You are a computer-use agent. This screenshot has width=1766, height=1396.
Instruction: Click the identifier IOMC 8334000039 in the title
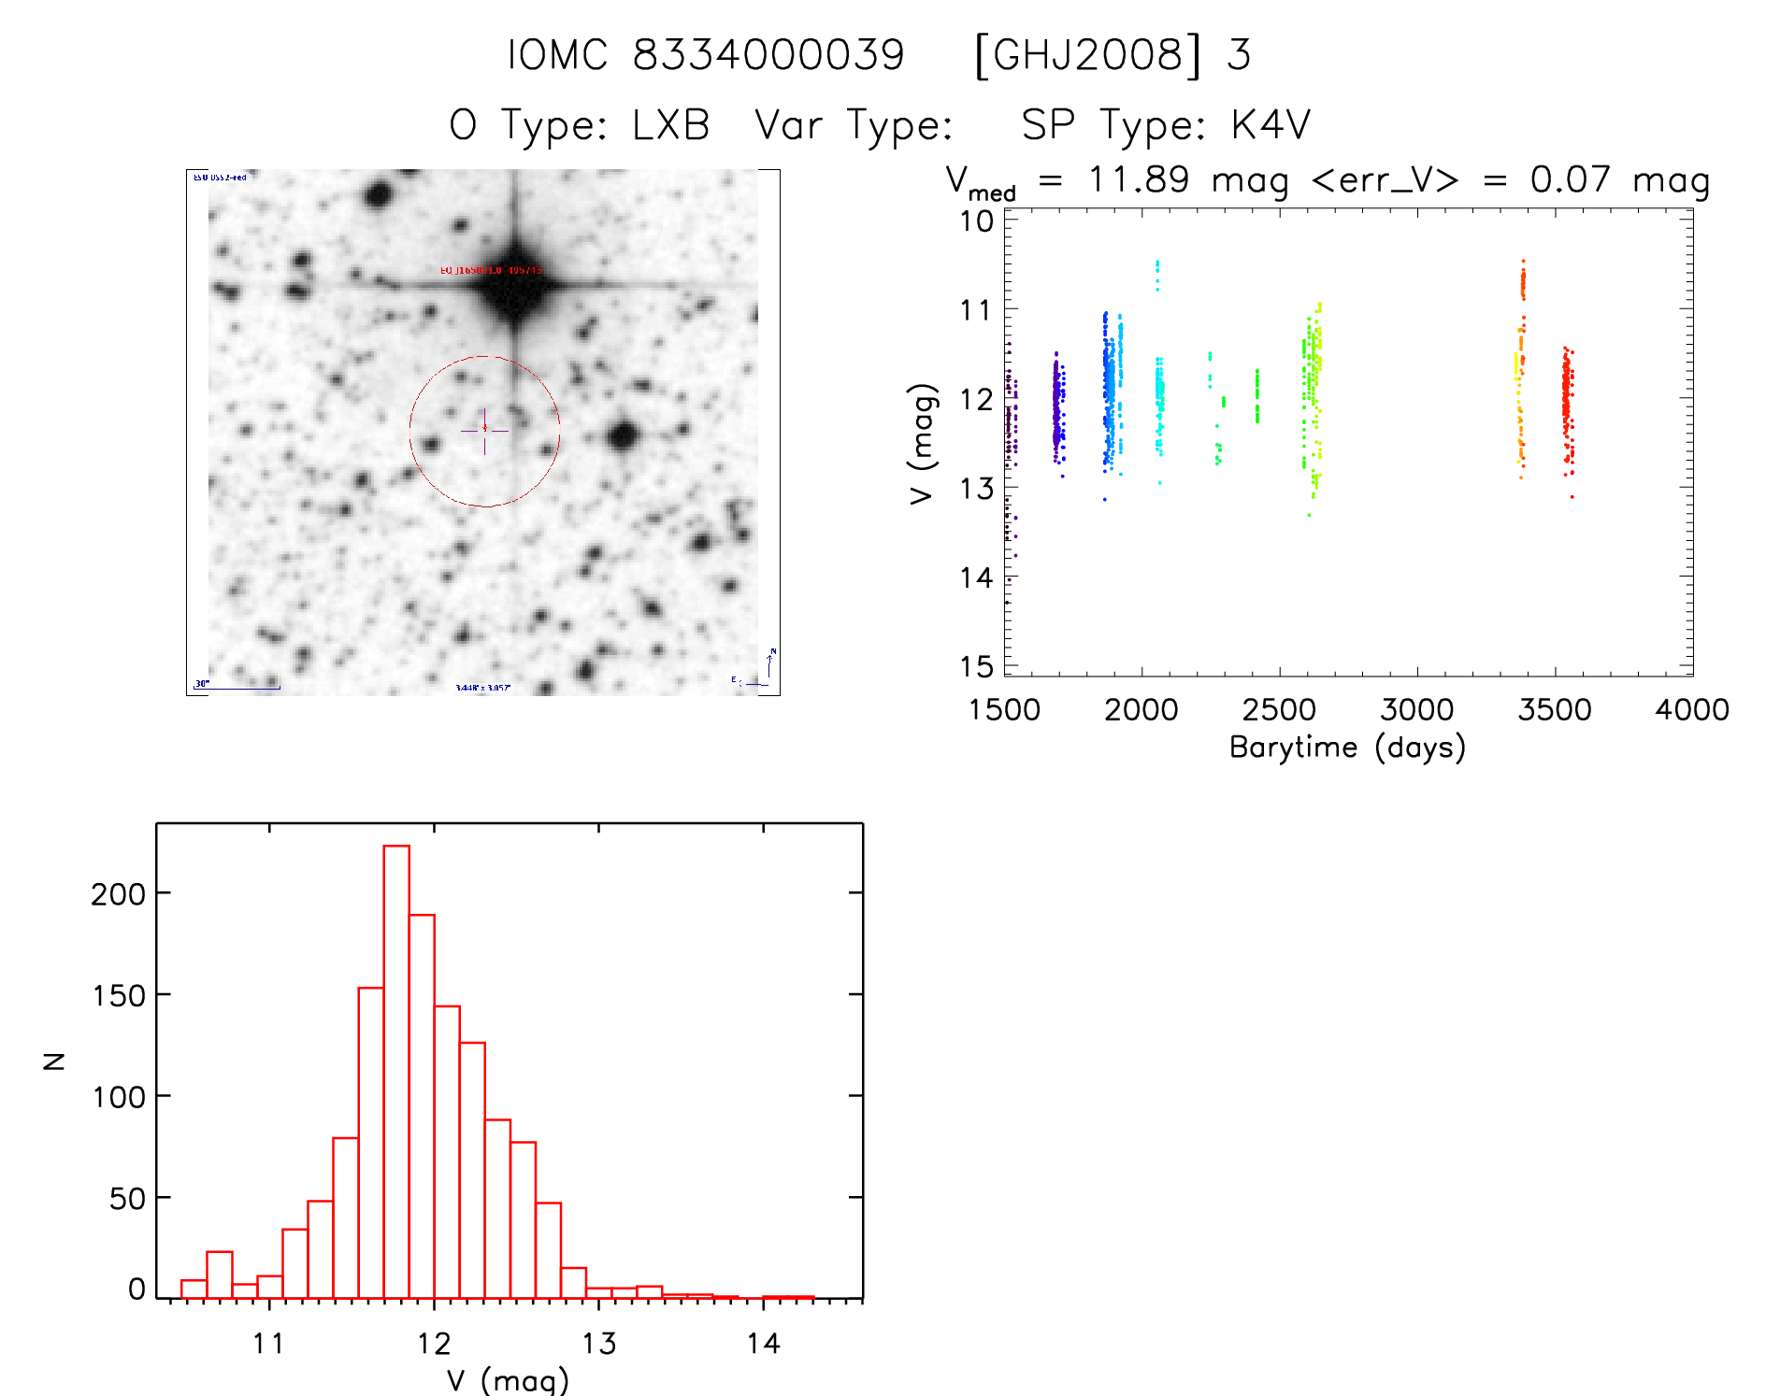706,55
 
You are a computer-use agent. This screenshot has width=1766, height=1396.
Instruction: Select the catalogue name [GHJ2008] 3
1112,55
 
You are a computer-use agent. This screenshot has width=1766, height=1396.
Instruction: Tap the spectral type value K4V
1271,125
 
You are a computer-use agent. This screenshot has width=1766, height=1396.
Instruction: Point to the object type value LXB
670,125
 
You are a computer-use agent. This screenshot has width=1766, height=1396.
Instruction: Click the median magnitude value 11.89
1139,179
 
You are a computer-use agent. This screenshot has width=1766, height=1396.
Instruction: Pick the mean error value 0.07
1571,179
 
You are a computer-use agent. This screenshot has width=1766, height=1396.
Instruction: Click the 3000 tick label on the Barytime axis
1416,710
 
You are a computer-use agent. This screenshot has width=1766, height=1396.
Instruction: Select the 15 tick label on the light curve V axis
976,667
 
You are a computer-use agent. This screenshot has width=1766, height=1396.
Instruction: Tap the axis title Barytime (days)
1347,748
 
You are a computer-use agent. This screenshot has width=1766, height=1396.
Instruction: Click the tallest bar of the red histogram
396,1071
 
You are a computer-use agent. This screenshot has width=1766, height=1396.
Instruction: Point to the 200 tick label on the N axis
118,894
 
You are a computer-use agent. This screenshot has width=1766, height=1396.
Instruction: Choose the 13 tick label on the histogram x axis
598,1344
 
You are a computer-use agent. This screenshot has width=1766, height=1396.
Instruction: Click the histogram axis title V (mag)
508,1380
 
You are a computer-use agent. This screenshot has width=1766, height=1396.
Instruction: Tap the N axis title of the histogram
55,1061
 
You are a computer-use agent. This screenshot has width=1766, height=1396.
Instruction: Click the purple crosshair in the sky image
484,431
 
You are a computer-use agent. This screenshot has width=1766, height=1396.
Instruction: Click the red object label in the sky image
491,270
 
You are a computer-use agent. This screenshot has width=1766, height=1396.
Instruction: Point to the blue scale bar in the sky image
237,688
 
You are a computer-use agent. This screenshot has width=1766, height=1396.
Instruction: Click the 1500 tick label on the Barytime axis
1004,710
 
